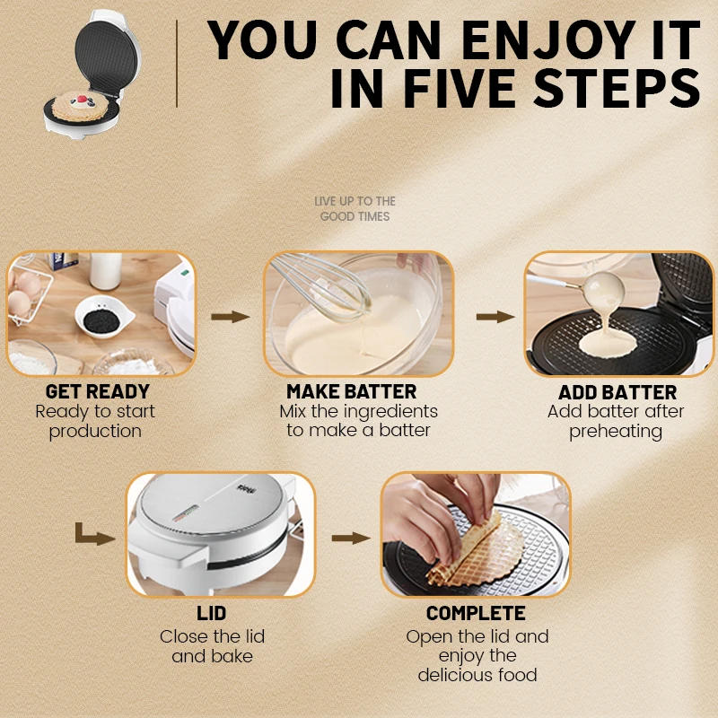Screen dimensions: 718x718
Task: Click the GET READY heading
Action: click(x=98, y=392)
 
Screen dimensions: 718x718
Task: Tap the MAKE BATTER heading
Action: click(x=352, y=392)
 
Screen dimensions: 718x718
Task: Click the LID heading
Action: click(x=212, y=615)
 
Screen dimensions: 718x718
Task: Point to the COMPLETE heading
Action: click(x=476, y=615)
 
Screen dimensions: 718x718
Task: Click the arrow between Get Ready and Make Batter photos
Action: click(x=230, y=317)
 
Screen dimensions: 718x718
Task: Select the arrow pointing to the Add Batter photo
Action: click(x=495, y=317)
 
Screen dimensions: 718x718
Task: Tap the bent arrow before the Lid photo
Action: click(x=95, y=536)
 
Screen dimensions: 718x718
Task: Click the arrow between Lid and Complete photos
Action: click(x=350, y=538)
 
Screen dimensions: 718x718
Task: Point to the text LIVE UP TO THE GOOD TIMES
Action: click(x=355, y=209)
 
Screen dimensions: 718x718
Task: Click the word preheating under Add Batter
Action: click(x=616, y=432)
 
